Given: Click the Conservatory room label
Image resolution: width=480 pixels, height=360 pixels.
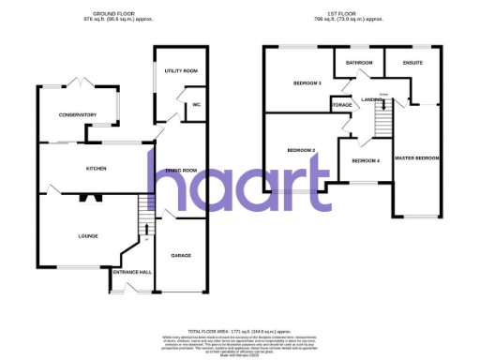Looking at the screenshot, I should point(76,115).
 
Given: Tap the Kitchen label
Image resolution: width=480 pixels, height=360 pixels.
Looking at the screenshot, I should point(96,169).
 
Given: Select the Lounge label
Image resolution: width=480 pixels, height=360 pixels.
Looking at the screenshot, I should point(87,235).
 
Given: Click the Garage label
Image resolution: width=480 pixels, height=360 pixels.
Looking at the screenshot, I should point(181,255).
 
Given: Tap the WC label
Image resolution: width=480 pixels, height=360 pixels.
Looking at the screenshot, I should point(197,104).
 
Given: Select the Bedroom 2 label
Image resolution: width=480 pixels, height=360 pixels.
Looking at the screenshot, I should point(300,150).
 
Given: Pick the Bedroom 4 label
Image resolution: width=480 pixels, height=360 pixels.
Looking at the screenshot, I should point(367,161).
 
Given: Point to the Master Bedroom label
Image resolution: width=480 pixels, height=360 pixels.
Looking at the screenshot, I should point(417,157).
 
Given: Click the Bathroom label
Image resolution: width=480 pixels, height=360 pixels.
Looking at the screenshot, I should point(359,63).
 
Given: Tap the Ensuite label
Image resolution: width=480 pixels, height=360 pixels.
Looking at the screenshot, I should point(413,63).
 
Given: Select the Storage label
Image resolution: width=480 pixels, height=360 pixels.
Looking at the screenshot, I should point(341,105).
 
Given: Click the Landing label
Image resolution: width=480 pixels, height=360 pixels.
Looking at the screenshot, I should point(372,97).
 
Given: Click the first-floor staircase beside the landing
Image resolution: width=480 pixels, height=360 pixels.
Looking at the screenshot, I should point(382,119).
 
